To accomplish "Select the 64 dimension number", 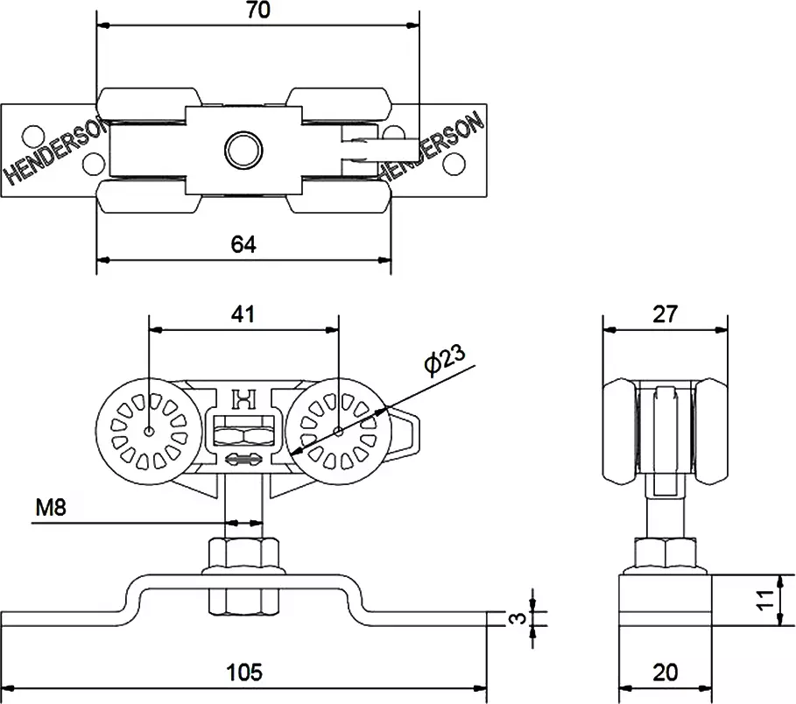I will pos(243,245).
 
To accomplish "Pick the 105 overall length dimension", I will pos(244,672).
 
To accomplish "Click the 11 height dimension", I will pos(765,601).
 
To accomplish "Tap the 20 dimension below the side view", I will pos(666,672).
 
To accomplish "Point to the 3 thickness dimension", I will pos(519,618).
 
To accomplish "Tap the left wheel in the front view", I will pos(150,431).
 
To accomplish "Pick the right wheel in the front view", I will pos(338,431).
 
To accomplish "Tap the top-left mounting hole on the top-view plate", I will pos(33,136).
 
